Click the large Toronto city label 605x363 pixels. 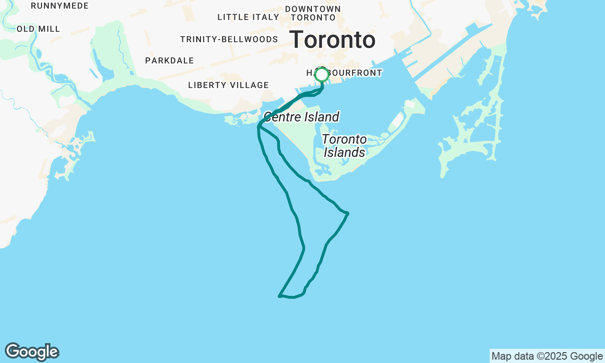point(332,40)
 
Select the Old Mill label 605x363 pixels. point(38,29)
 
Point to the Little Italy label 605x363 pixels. point(248,17)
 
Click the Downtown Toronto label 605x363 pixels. point(313,13)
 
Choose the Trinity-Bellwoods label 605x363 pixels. point(229,39)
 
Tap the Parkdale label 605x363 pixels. point(169,60)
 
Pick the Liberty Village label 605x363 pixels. point(228,85)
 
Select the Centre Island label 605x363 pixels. point(301,117)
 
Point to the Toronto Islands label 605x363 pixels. point(345,146)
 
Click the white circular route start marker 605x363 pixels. point(321,75)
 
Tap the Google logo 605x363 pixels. point(32,352)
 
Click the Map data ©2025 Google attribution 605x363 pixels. point(547,356)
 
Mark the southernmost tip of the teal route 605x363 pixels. point(280,296)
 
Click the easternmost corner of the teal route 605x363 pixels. point(348,213)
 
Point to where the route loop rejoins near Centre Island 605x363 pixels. point(259,127)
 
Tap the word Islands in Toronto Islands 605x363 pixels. point(345,152)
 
